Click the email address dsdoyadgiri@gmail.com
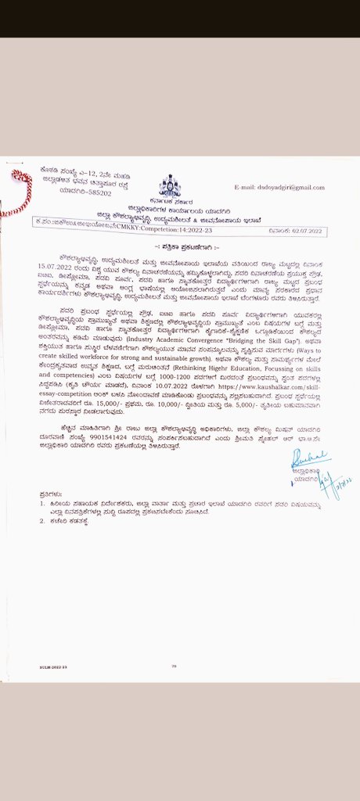click(279, 188)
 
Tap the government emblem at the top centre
click(169, 185)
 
